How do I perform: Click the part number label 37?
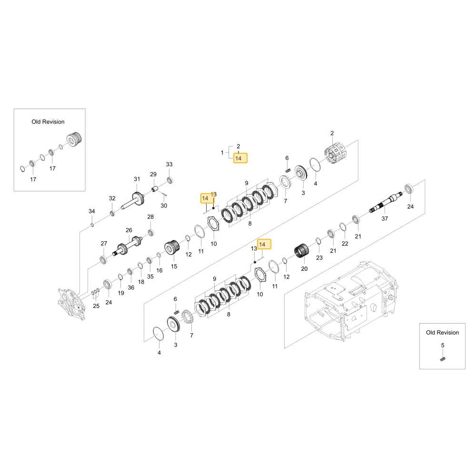385,218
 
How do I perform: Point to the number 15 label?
174,266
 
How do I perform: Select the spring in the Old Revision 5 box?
443,358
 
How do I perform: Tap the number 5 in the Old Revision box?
443,346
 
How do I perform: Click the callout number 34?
92,211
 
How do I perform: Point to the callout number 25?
96,306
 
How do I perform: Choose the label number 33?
169,164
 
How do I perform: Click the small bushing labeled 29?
156,189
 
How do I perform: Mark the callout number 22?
345,243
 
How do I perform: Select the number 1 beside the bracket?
222,153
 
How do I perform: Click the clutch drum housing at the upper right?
336,154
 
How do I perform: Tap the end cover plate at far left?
72,304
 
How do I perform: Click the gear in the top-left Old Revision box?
74,139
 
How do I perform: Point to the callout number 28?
150,217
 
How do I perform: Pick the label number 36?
131,288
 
